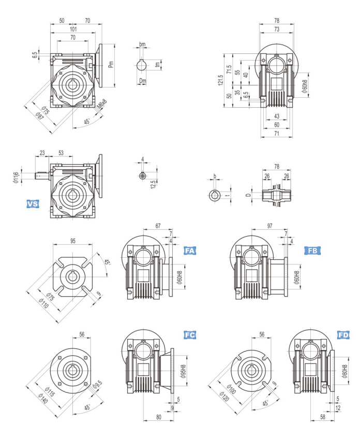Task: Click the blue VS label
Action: (33, 204)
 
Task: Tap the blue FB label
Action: (312, 251)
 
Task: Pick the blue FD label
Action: (343, 335)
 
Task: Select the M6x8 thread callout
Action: (102, 106)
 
